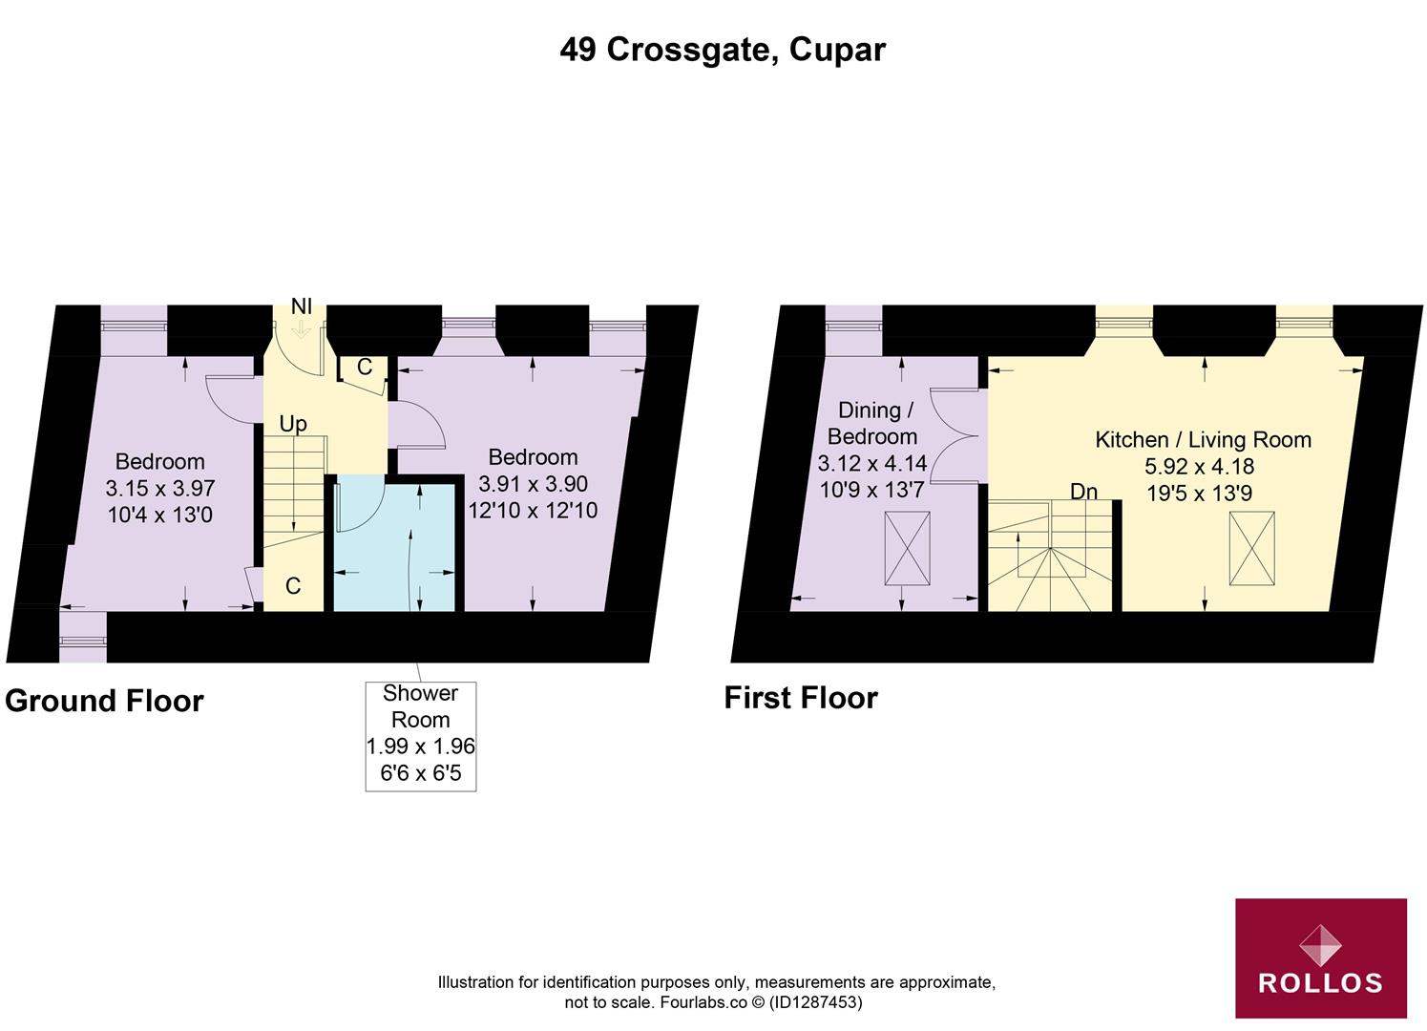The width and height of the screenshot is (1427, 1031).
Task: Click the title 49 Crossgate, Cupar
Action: coord(723,50)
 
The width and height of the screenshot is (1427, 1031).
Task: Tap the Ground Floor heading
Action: coord(104,701)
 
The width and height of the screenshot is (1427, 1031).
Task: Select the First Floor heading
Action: coord(800,698)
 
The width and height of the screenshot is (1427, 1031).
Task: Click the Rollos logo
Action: coord(1320,957)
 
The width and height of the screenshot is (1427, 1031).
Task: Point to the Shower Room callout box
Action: coord(420,734)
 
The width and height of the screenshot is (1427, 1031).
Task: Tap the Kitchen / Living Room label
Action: coord(1203,440)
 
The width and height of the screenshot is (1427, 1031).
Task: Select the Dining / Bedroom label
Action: coord(871,423)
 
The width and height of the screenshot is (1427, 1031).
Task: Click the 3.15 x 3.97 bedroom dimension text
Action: coord(160,488)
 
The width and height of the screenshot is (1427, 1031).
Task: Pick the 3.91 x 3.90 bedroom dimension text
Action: coord(533,484)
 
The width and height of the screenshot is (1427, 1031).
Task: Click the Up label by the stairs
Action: coord(293,424)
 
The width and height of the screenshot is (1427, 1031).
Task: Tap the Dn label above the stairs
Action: coord(1083,492)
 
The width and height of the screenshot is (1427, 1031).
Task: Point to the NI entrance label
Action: coord(302,306)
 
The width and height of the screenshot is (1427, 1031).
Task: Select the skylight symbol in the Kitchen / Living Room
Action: coord(1251,548)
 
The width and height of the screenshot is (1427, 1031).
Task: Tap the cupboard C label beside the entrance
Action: coord(365,368)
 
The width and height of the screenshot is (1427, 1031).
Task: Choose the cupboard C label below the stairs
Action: coord(293,585)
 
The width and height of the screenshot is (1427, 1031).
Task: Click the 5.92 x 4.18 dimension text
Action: coord(1199,467)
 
